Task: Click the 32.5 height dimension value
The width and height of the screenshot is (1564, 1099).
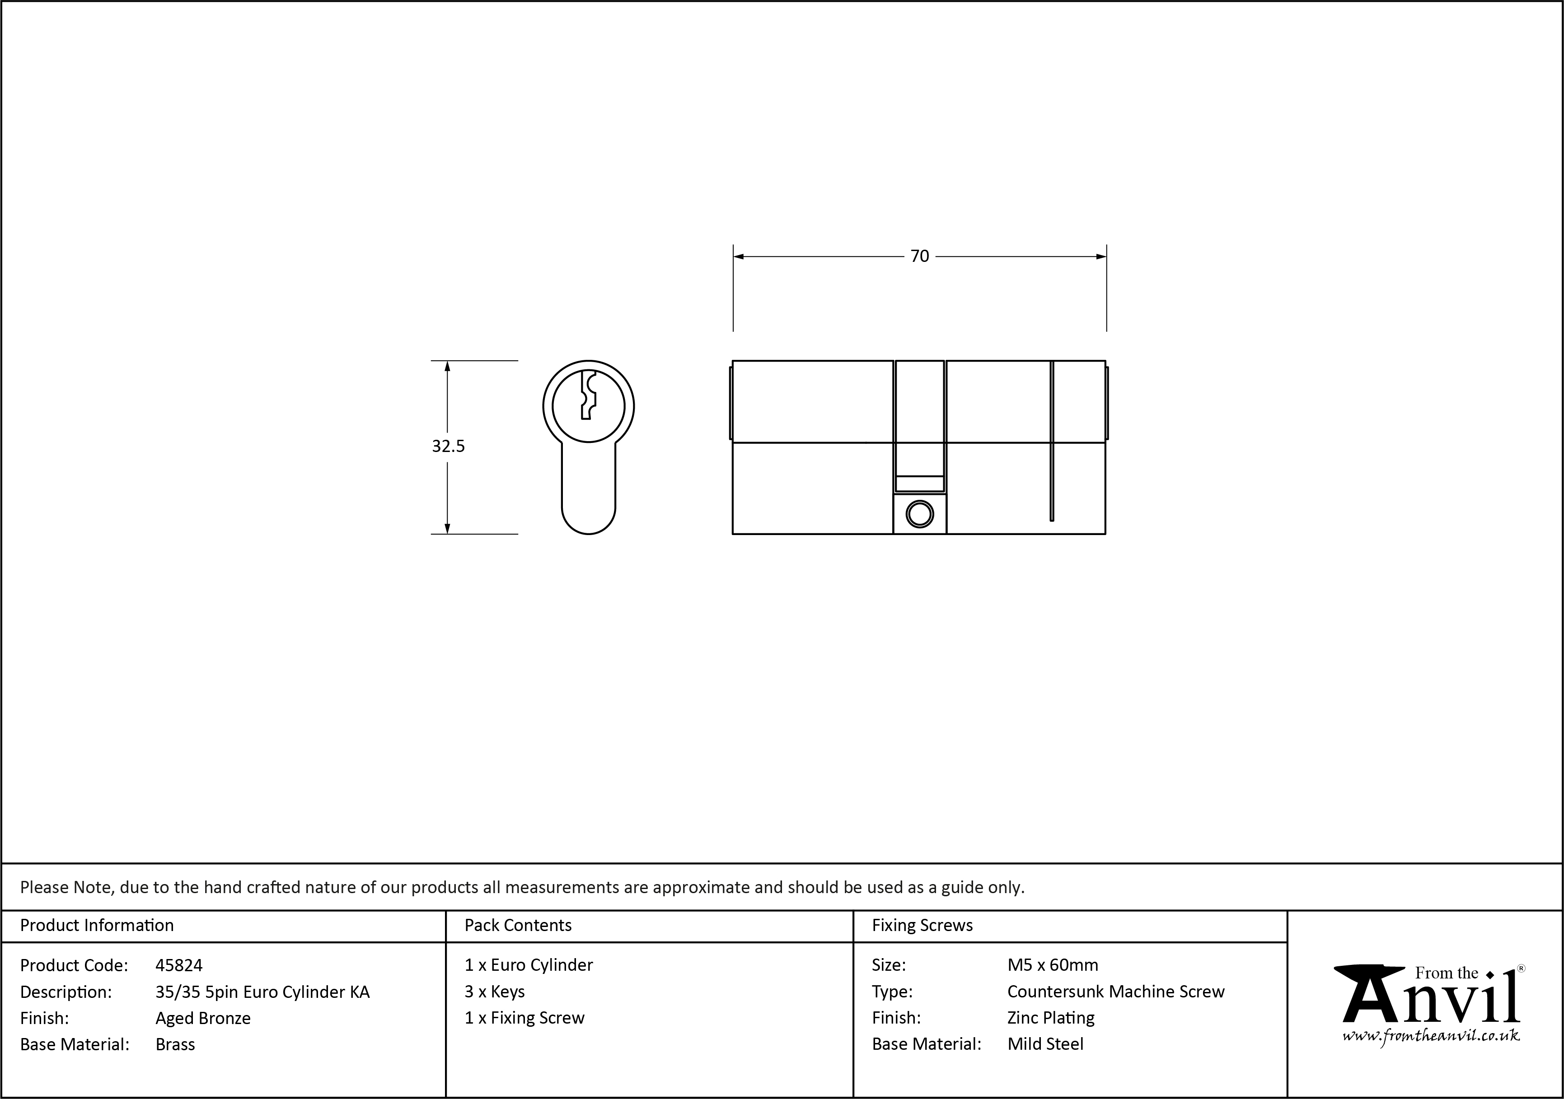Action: tap(448, 446)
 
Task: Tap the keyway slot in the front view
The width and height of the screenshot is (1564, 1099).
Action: tap(588, 395)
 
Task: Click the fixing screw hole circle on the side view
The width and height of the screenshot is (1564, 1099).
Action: tap(920, 514)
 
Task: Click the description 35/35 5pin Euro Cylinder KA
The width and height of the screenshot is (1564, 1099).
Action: tap(262, 992)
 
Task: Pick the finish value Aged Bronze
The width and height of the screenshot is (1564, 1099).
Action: tap(203, 1018)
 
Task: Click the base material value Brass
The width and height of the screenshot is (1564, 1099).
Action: tap(175, 1044)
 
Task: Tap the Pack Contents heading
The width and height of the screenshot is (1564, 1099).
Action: tap(518, 925)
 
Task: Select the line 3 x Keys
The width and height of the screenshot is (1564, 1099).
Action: tap(495, 992)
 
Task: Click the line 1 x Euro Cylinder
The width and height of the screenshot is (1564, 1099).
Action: tap(529, 965)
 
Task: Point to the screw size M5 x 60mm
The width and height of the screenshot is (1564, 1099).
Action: tap(1053, 965)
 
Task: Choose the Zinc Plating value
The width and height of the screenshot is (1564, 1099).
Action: tap(1050, 1018)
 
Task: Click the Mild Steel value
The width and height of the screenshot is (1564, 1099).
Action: tap(1045, 1044)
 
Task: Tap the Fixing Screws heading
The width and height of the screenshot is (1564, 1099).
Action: tap(922, 925)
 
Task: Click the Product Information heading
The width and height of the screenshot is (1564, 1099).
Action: tap(97, 925)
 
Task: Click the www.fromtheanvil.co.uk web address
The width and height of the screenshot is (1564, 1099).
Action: tap(1430, 1036)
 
